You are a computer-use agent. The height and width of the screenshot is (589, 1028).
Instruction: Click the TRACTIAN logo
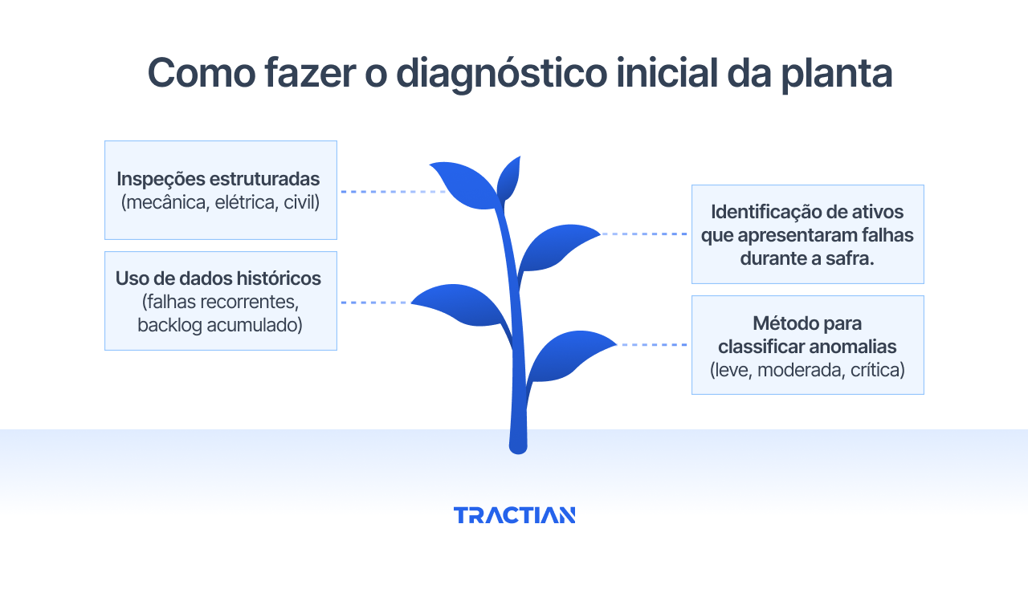click(514, 515)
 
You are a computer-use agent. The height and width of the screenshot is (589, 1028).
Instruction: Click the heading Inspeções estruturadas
click(218, 179)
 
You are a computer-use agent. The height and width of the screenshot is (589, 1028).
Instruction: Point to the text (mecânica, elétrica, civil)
click(221, 202)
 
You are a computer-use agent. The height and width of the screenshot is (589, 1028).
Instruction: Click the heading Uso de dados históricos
click(218, 278)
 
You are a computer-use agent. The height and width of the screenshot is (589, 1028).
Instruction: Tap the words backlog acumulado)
click(220, 325)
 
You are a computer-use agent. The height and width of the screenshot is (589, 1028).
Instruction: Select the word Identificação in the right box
click(763, 213)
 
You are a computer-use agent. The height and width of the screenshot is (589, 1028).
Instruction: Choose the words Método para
click(807, 323)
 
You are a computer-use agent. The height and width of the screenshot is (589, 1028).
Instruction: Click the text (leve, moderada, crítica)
click(807, 370)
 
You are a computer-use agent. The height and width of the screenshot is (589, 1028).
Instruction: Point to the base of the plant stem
click(518, 443)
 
